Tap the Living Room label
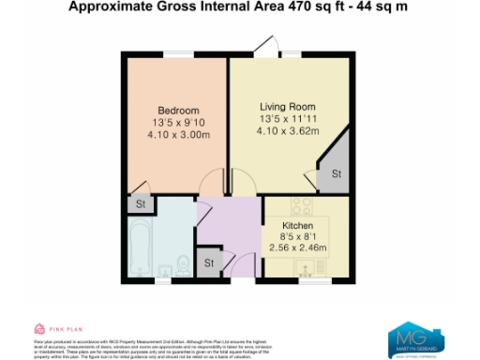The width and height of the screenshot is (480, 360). click(x=288, y=106)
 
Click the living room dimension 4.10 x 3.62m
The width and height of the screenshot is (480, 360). click(x=289, y=132)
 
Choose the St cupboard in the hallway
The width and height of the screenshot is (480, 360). click(x=210, y=262)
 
